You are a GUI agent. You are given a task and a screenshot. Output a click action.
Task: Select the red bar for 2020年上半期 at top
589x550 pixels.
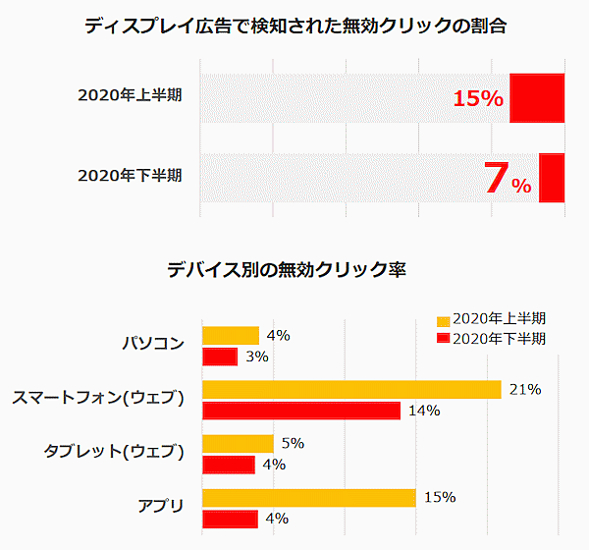536,97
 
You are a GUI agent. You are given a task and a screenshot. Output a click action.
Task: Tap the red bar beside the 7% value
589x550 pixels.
551,178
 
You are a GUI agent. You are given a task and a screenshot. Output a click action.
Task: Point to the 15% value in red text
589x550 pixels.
478,98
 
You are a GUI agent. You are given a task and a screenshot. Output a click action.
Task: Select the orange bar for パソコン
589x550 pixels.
230,336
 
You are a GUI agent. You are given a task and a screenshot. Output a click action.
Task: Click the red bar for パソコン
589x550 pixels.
220,357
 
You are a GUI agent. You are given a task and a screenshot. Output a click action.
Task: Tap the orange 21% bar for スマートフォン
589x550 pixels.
351,390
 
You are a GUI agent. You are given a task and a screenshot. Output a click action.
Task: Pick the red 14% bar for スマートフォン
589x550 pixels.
301,411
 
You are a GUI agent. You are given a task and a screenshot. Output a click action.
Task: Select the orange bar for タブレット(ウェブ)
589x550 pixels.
238,444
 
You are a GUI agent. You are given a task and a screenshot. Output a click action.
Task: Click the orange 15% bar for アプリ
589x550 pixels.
309,498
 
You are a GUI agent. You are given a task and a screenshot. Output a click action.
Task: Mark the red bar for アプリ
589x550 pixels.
230,519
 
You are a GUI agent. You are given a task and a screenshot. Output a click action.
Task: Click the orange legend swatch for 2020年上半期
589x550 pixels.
443,320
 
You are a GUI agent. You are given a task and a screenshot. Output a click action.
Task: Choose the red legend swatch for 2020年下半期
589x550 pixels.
443,339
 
